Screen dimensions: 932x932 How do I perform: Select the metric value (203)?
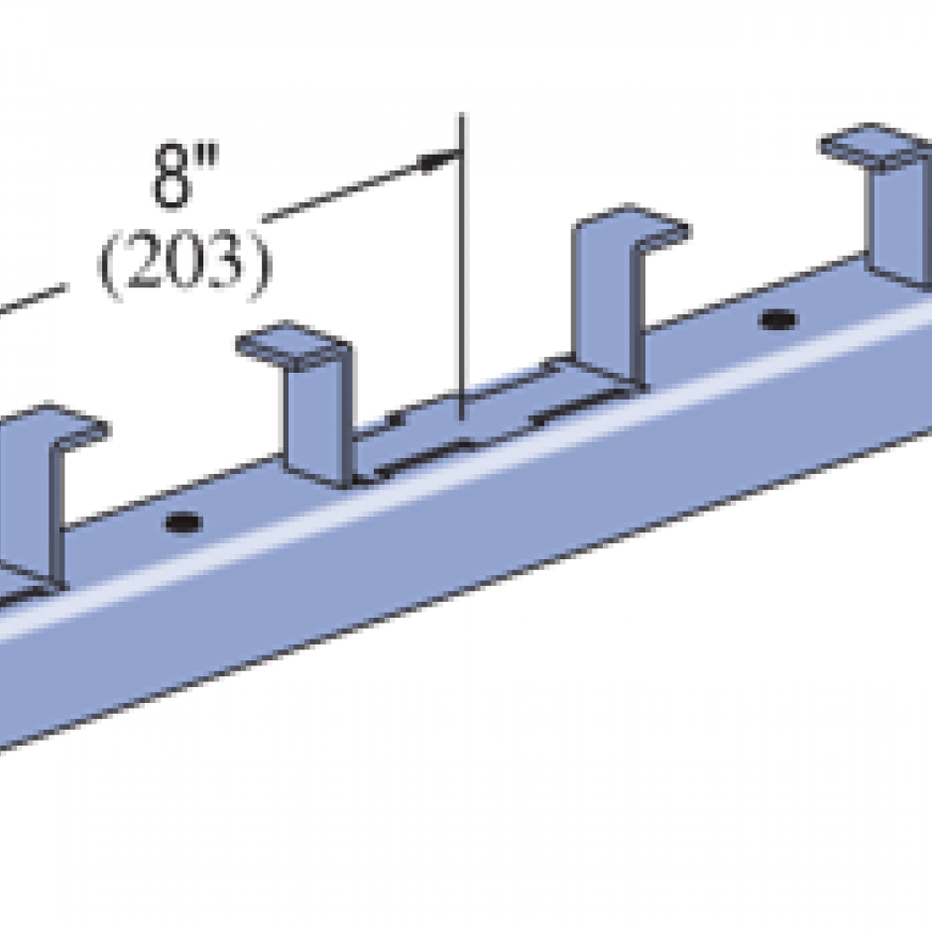(183, 265)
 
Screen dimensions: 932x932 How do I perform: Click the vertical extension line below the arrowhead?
(461, 297)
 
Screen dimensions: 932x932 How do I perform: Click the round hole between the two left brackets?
(183, 522)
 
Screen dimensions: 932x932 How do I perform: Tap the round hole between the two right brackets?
(778, 320)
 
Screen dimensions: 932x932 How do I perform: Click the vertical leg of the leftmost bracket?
(30, 506)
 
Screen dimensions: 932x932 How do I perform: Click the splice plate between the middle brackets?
(466, 426)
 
